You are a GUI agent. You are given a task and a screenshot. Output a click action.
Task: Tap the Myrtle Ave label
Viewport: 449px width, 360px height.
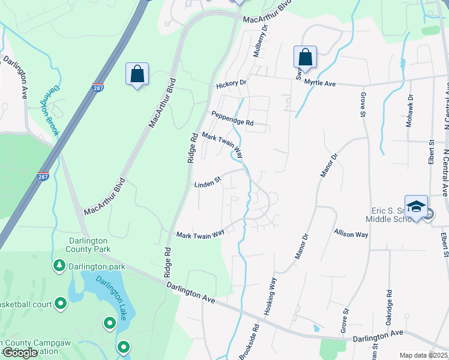pos(319,83)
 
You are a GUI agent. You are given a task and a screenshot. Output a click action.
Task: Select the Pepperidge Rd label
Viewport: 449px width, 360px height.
pos(232,118)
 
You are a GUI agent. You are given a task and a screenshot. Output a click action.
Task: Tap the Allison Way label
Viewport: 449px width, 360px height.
pos(351,233)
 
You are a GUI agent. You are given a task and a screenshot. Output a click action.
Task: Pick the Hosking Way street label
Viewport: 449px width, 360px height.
pos(271,296)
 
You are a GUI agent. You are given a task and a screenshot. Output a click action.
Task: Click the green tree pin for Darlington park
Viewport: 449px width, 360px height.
pos(59,265)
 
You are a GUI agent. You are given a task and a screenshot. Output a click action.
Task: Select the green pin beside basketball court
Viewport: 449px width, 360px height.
pos(61,304)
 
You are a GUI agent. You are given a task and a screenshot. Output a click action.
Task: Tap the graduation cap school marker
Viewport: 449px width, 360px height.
pos(416,207)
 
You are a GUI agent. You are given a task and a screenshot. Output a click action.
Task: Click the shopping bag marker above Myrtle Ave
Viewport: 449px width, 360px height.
pos(305,58)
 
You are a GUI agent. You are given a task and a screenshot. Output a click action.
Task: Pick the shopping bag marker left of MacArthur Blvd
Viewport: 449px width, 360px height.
pos(137,75)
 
